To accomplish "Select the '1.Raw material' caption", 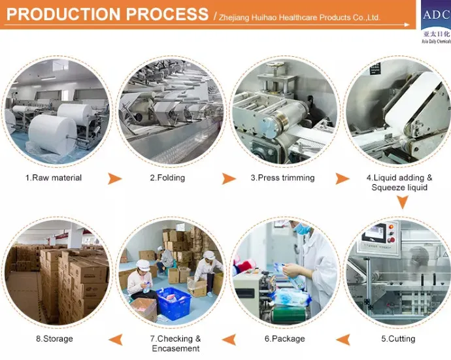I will point(54,178).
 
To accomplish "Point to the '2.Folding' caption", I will point(167,178).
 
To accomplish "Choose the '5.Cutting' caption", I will point(398,338).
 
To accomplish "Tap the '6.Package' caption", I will point(284,338).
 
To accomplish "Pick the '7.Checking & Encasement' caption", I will point(176,343).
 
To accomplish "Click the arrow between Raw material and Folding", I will point(114,178).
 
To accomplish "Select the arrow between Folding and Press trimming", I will point(228,178).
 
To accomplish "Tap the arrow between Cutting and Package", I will point(342,338).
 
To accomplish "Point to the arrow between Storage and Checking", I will point(114,338).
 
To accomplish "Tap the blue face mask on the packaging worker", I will point(302,230).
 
